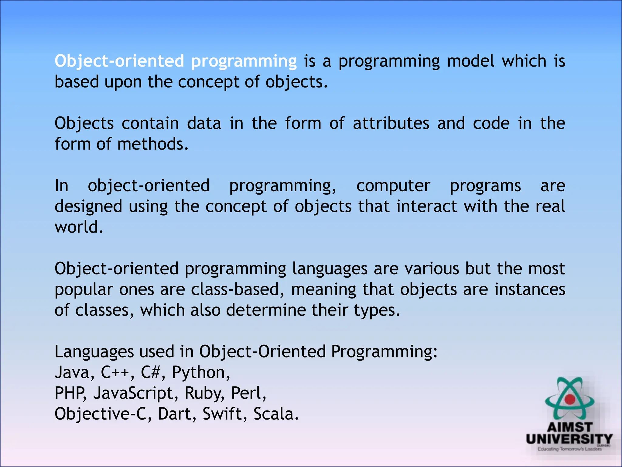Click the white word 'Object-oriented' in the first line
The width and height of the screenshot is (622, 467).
(x=119, y=61)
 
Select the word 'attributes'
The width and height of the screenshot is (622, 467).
(x=391, y=124)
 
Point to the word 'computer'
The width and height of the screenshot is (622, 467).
(x=393, y=186)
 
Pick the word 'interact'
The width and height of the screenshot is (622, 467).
(x=426, y=206)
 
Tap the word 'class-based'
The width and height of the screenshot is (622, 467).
(x=235, y=289)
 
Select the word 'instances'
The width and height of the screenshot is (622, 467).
(x=530, y=289)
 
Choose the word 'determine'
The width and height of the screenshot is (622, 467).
(x=266, y=310)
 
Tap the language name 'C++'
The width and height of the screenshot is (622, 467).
(x=115, y=372)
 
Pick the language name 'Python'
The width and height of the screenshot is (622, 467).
(x=198, y=372)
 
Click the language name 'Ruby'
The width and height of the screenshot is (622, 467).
(x=202, y=393)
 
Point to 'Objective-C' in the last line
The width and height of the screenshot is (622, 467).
(x=101, y=414)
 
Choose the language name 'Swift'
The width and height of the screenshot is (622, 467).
(x=222, y=414)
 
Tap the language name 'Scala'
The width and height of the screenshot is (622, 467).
(x=274, y=414)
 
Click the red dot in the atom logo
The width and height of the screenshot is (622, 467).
(x=570, y=399)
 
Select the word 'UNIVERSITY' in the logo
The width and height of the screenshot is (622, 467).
(x=569, y=439)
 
